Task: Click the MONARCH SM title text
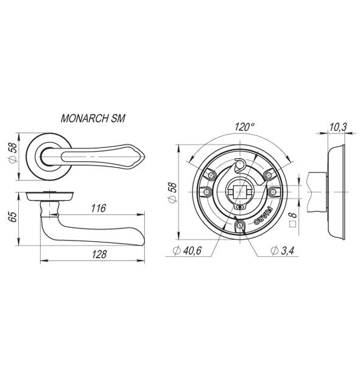pyautogui.click(x=93, y=118)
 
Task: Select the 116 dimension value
pyautogui.click(x=99, y=208)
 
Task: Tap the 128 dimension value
pyautogui.click(x=99, y=254)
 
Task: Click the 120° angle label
pyautogui.click(x=244, y=127)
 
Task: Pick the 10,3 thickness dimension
pyautogui.click(x=338, y=127)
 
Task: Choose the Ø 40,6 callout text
pyautogui.click(x=187, y=251)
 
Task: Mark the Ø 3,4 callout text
pyautogui.click(x=282, y=251)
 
